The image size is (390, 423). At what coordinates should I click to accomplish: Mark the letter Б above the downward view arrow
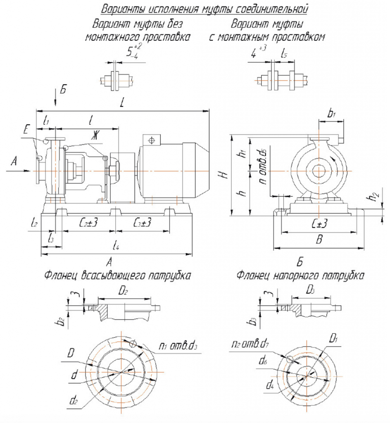coord(62,90)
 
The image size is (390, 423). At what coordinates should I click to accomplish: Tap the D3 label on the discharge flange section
coord(311,291)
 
